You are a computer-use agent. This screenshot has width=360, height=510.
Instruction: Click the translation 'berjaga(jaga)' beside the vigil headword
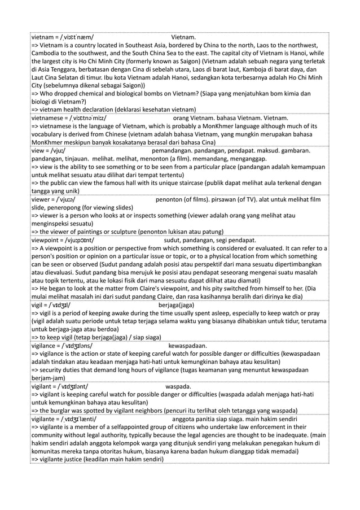pos(178,306)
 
